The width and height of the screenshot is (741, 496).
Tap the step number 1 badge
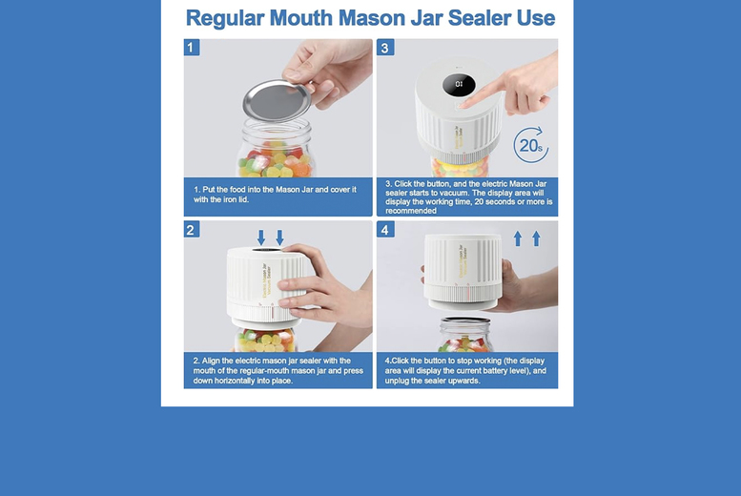pyautogui.click(x=192, y=48)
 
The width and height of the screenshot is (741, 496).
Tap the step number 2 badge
pyautogui.click(x=192, y=230)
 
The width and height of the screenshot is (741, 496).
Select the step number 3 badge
pyautogui.click(x=385, y=48)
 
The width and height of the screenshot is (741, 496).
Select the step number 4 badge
pyautogui.click(x=385, y=230)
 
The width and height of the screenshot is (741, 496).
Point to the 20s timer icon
pyautogui.click(x=530, y=145)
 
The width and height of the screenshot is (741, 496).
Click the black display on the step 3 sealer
pyautogui.click(x=459, y=86)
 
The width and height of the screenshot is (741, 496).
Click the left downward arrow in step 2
pyautogui.click(x=261, y=237)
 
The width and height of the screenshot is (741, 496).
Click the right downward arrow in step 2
pyautogui.click(x=279, y=237)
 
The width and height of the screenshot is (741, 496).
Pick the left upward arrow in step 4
pyautogui.click(x=518, y=238)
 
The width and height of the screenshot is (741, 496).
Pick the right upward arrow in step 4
pyautogui.click(x=536, y=238)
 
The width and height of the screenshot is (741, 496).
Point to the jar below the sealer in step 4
pyautogui.click(x=464, y=336)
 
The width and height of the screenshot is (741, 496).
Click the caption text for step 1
pyautogui.click(x=276, y=195)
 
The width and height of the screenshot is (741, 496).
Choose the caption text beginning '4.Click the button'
pyautogui.click(x=466, y=370)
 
